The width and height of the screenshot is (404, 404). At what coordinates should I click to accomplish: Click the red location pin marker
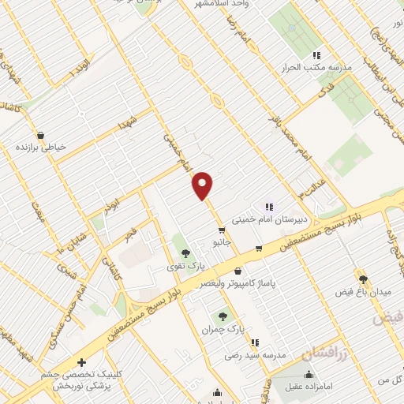click(203, 185)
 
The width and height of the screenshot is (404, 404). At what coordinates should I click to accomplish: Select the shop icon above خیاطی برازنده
click(39, 134)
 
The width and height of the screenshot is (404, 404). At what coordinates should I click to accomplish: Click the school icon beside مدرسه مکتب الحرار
click(316, 55)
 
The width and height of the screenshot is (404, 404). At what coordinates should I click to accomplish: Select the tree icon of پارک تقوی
click(185, 253)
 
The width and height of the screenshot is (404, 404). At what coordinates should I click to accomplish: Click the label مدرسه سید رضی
click(256, 354)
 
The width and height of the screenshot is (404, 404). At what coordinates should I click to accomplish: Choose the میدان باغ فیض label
click(363, 292)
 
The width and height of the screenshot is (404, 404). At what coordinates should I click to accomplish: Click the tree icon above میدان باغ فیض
click(363, 279)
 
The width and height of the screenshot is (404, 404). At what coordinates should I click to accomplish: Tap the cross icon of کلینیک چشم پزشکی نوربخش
click(82, 362)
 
